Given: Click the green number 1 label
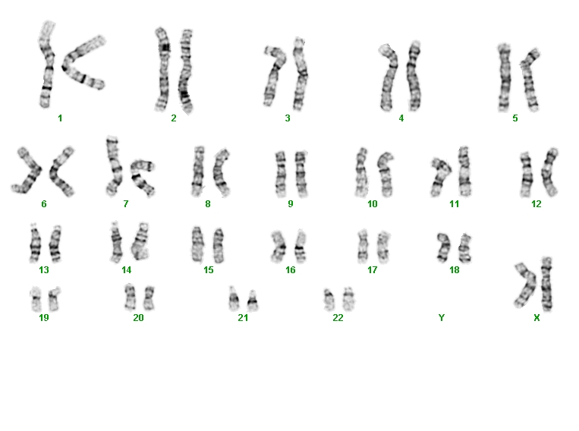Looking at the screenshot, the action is coord(60,118).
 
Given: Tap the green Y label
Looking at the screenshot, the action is coord(441,318).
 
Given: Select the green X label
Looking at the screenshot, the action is coord(537,318).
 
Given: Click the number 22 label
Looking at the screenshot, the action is coord(338,318).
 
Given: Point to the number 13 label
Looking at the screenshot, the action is coord(44,270).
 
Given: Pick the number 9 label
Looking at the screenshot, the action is coord(290,204).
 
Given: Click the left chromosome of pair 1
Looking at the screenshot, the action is coord(46,64).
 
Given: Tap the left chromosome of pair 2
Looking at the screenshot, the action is coord(162,70).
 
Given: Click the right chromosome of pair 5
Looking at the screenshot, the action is coord(530,80).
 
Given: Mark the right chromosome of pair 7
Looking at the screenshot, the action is coord(142,177).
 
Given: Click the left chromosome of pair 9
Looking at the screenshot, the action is coord(281,174).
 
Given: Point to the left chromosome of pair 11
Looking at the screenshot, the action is coord(440,177).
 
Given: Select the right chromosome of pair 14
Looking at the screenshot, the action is coord(140,241).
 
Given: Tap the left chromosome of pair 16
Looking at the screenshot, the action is coord(278,247).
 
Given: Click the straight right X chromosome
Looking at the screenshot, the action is coord(547,285).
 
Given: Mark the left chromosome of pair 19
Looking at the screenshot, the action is coord(36,299).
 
